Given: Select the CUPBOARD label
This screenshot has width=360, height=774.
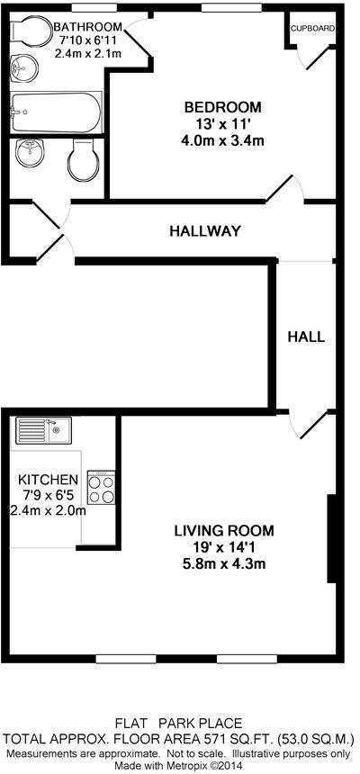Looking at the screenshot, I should tap(313, 28).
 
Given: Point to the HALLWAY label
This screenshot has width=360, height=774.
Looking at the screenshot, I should tap(205, 231).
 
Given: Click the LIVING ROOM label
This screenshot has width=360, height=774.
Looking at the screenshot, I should tap(224, 530).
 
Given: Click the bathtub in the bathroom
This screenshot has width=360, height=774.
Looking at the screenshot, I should tap(56, 112).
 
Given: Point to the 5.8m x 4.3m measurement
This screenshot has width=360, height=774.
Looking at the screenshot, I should tap(224, 564).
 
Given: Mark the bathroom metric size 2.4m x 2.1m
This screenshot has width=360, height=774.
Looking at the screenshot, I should tap(88, 53).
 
